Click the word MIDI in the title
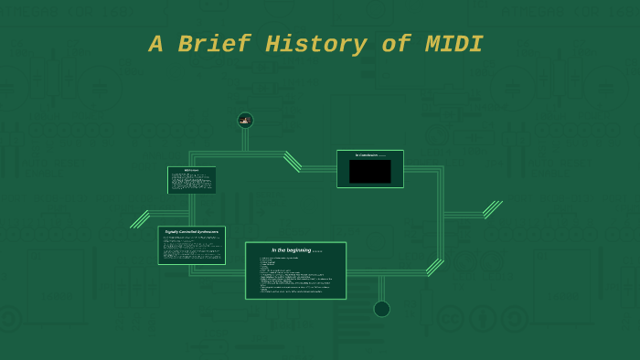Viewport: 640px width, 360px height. point(453,45)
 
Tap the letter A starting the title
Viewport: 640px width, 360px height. point(157,45)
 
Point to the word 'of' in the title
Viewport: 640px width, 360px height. point(396,45)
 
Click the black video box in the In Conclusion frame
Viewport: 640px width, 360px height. point(369,172)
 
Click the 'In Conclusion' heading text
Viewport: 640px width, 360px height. point(367,155)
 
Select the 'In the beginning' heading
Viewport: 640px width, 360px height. point(291,249)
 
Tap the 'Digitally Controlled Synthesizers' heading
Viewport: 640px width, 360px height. point(191,232)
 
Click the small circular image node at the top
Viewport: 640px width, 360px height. point(245,120)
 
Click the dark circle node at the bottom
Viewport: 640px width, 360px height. point(382,309)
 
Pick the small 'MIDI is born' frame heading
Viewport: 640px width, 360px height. point(191,170)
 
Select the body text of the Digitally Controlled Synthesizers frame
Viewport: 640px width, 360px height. point(191,249)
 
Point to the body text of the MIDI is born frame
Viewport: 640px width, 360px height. point(191,182)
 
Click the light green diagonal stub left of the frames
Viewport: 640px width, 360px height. point(140,219)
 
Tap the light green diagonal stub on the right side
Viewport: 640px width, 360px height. point(492,210)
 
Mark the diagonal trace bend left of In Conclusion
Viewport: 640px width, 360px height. point(293,162)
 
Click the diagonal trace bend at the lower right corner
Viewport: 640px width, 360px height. point(434,267)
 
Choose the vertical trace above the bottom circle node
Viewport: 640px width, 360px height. point(381,288)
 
